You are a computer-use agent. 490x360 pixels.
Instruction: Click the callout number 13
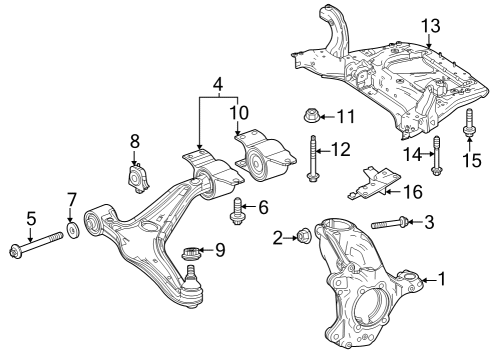430,26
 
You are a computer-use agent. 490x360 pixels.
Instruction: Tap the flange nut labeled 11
311,115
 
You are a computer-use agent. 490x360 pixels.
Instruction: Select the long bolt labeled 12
312,158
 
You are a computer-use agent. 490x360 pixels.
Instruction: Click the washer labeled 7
73,230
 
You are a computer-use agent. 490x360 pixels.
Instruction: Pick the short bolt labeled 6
236,211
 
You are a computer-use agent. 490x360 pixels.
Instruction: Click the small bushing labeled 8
138,179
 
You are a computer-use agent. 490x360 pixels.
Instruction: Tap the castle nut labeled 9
190,253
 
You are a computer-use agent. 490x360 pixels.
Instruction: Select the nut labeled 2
303,236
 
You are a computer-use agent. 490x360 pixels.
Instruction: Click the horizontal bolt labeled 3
390,223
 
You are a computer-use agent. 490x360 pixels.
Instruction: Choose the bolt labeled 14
437,155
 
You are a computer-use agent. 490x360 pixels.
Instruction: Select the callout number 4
218,85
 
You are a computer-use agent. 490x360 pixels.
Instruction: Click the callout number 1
441,279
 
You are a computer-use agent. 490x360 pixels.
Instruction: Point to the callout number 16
413,192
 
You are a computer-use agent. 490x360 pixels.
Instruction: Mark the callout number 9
220,250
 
